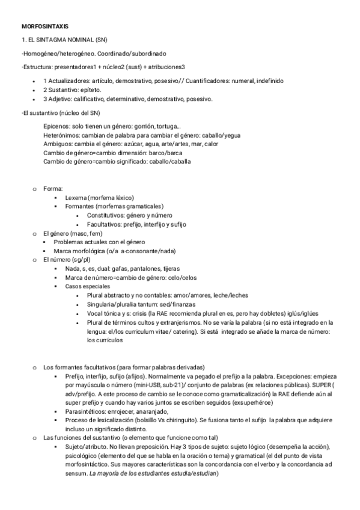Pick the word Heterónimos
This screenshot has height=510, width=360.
(x=61, y=135)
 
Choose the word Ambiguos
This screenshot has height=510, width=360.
(x=58, y=144)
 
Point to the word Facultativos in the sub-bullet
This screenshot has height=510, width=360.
(x=106, y=224)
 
